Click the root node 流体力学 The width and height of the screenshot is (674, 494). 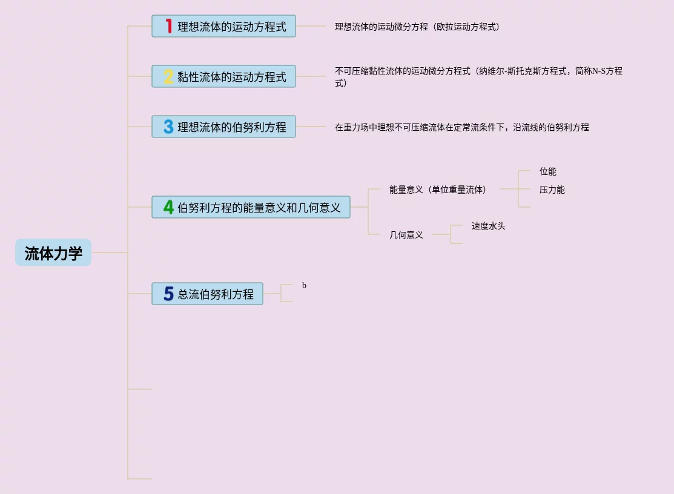point(53,253)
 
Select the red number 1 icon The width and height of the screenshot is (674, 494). point(168,26)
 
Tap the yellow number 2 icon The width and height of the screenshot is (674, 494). point(168,76)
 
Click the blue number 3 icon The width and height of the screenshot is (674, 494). point(168,127)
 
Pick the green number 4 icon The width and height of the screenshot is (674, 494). point(168,207)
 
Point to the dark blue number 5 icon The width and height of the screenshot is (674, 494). point(168,294)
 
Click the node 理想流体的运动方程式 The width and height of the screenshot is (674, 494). point(232,27)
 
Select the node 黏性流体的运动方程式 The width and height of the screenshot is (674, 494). point(232,77)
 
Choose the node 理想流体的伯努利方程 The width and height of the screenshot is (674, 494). point(232,127)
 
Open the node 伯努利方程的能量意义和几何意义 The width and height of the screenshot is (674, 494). point(259,208)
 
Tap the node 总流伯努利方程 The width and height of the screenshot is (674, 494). point(216,294)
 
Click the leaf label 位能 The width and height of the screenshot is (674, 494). point(547,171)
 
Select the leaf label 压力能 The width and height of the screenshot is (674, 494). point(552,189)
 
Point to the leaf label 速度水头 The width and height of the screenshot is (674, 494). point(488,226)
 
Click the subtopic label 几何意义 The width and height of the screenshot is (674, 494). point(406,235)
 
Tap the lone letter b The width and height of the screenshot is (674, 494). point(304,285)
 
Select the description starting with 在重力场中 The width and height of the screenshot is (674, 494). point(461,127)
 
